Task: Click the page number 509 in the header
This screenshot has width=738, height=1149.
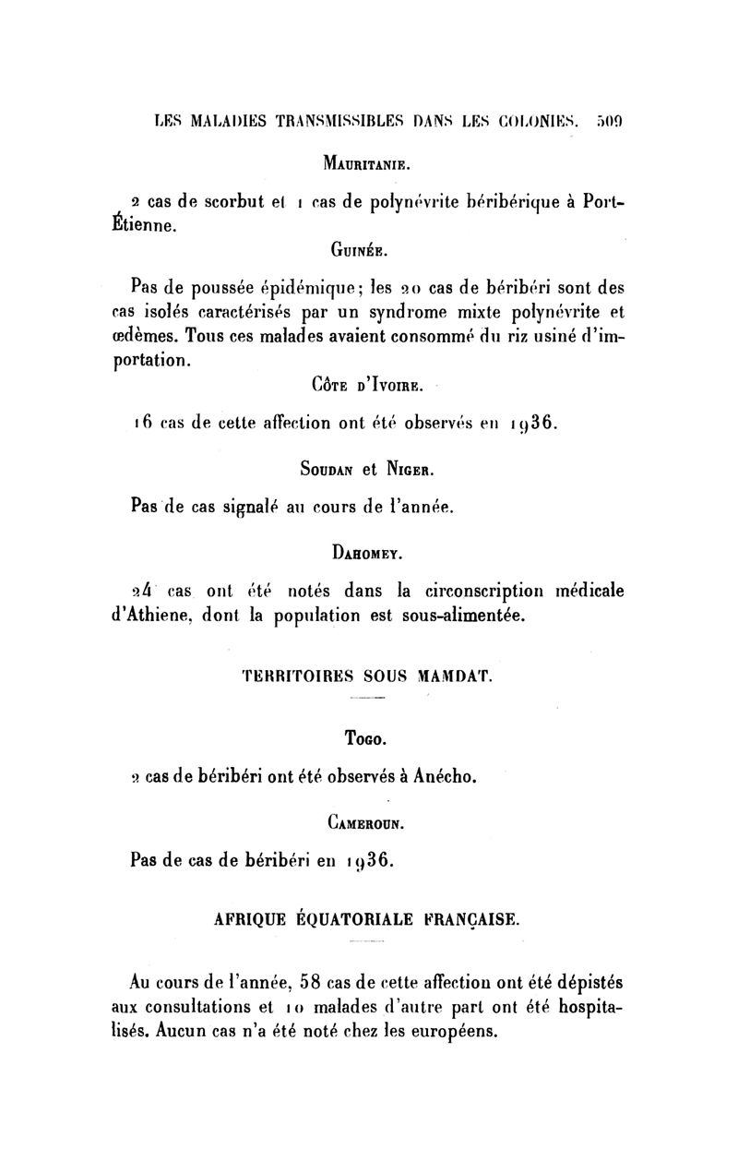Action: [x=611, y=120]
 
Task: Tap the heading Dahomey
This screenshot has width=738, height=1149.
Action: [x=368, y=553]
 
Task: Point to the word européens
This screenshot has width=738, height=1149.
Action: [x=454, y=1031]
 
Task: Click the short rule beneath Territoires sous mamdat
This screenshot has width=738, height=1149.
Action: [x=368, y=698]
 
